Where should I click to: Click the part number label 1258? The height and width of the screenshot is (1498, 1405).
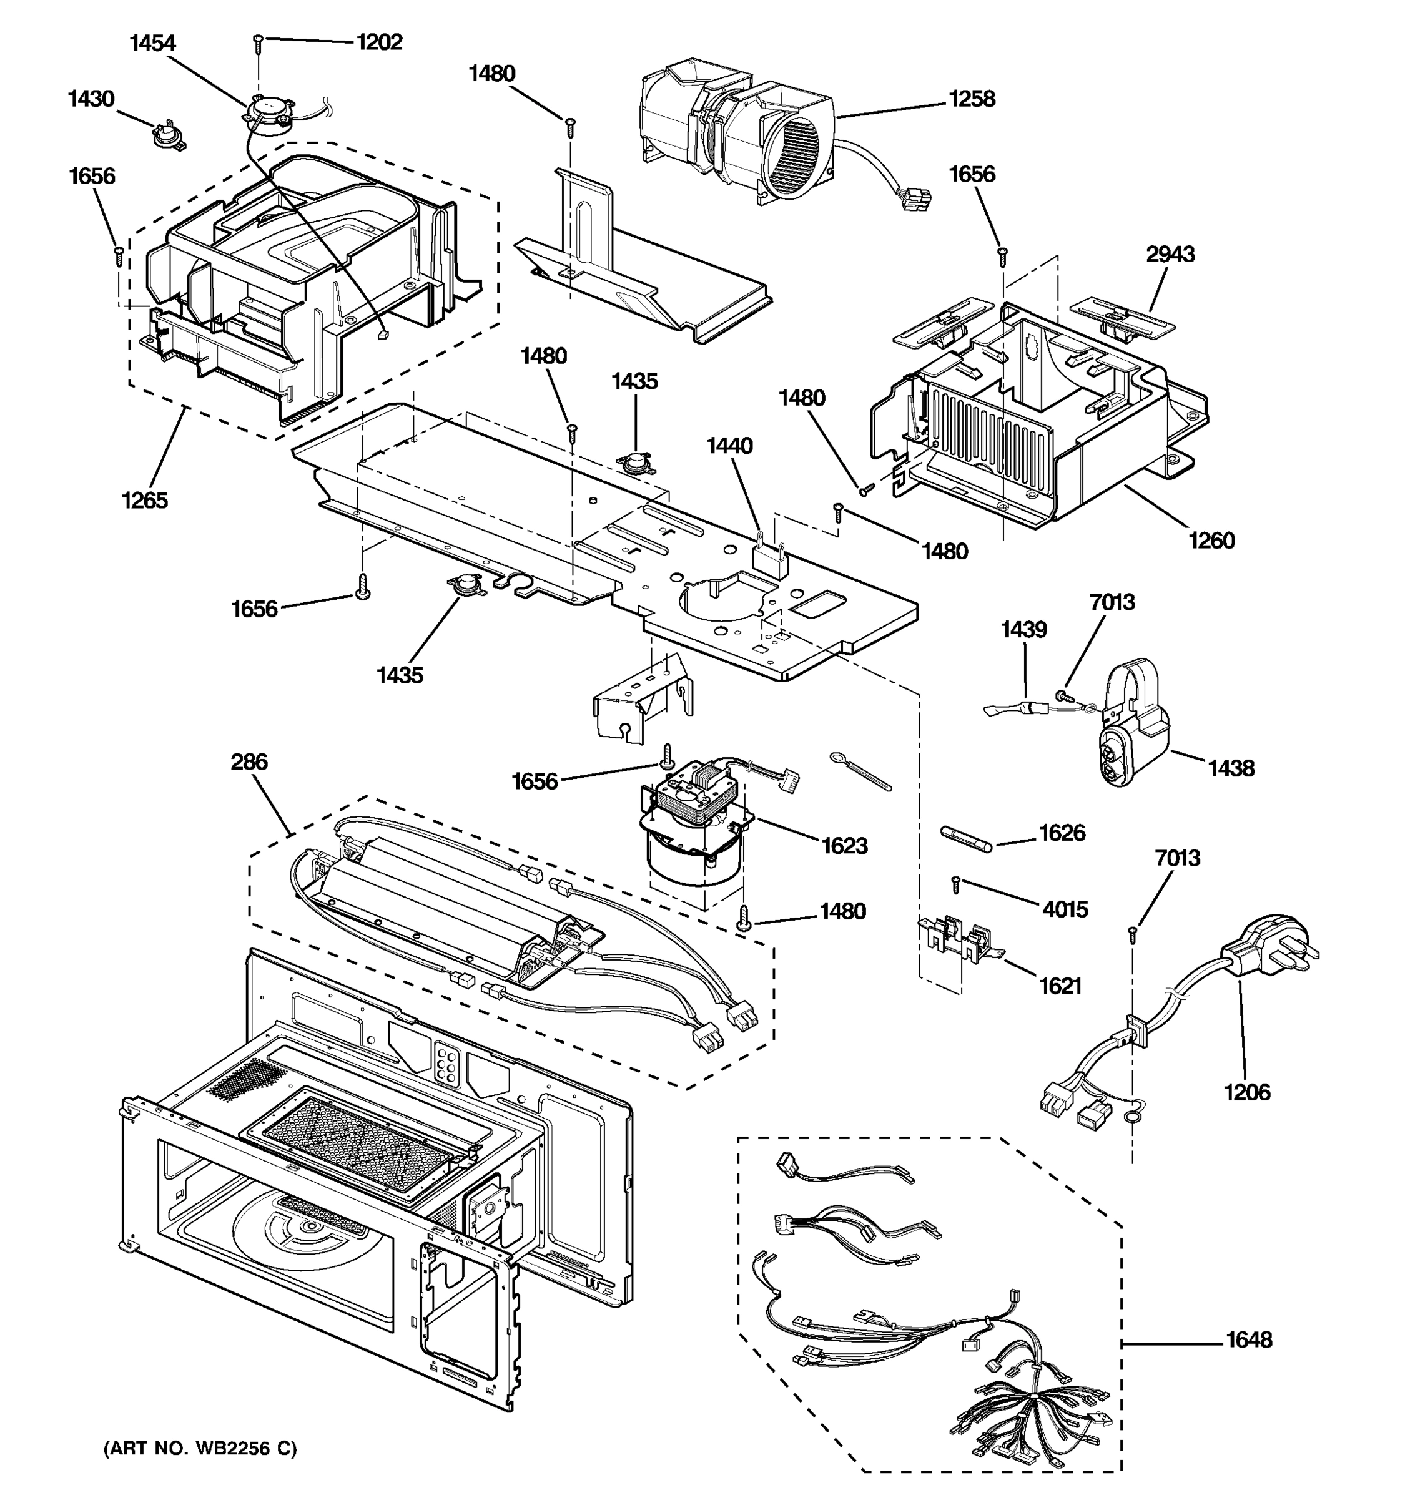[x=971, y=99]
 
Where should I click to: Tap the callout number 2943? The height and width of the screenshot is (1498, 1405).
[x=1170, y=255]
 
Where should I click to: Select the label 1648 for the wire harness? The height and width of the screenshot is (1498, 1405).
[x=1248, y=1339]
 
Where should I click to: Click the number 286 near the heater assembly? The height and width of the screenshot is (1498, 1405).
[x=249, y=762]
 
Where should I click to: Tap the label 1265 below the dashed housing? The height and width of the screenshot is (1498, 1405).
[x=145, y=501]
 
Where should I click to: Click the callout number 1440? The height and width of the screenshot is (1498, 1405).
[x=729, y=446]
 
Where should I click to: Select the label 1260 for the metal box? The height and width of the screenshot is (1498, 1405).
[x=1211, y=541]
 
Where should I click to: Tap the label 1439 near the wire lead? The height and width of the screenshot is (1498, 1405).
[x=1023, y=629]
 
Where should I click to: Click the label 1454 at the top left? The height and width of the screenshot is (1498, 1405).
[x=152, y=44]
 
